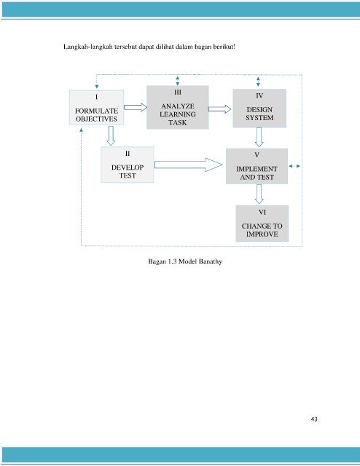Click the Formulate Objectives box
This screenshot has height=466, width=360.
[96, 108]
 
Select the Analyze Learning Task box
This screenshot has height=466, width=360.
[178, 107]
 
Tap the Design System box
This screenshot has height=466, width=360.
[259, 108]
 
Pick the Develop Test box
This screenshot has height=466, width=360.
[128, 165]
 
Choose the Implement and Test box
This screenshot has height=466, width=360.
[257, 166]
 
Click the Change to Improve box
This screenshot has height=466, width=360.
[262, 224]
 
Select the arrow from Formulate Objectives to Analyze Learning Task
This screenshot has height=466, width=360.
[136, 107]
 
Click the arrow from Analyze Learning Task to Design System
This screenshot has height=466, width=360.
[219, 109]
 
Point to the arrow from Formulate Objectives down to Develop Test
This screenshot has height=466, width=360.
[111, 136]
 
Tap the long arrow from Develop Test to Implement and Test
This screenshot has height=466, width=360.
[188, 165]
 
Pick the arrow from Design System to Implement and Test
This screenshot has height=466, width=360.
[259, 137]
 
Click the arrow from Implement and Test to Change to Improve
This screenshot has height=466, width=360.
[259, 194]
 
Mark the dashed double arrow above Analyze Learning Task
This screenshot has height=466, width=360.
[178, 81]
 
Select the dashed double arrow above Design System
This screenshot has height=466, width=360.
[258, 82]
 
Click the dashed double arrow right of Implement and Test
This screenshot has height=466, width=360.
[294, 166]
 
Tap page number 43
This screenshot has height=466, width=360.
[314, 419]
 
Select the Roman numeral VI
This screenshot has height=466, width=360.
[262, 212]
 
